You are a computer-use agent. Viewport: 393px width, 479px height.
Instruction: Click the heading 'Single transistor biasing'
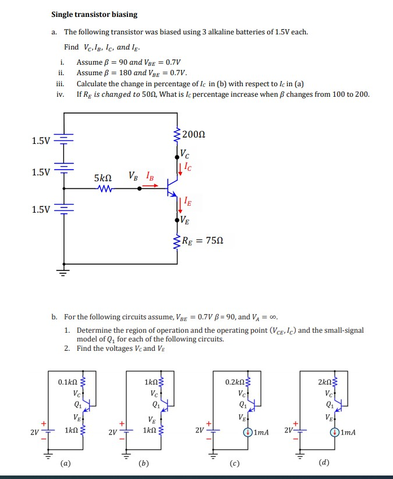[x=94, y=15]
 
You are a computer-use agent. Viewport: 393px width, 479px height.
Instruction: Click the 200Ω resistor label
[x=194, y=135]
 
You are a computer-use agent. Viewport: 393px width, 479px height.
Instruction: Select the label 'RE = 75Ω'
[x=203, y=240]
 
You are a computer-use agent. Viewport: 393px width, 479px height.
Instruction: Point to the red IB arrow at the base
[x=151, y=186]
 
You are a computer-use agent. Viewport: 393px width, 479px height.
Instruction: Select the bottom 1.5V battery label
[x=41, y=209]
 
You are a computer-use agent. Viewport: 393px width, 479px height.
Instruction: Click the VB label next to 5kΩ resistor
[x=133, y=176]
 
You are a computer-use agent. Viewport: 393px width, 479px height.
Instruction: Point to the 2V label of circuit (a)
[x=36, y=432]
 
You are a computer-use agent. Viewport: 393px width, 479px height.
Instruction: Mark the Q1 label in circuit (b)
[x=155, y=404]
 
